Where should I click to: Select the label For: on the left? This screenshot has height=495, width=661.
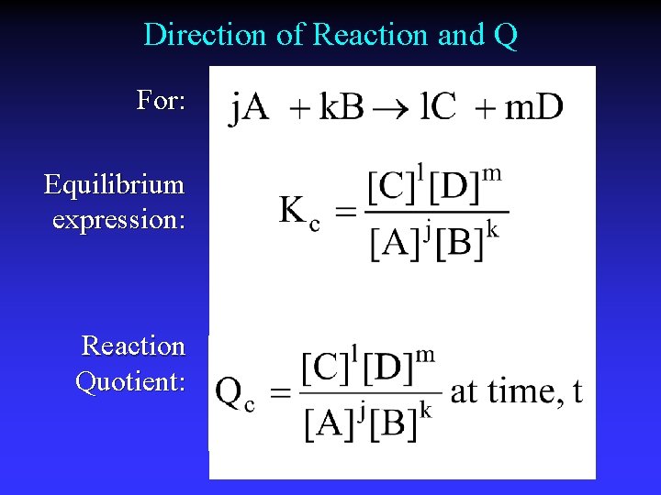(161, 100)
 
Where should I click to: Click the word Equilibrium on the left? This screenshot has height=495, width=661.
(114, 186)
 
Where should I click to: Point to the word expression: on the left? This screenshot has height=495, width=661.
(118, 220)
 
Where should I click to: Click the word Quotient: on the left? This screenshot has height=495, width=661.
(129, 380)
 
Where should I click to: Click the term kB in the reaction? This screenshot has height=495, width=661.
(341, 108)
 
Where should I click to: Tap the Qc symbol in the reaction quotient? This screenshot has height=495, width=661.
(235, 393)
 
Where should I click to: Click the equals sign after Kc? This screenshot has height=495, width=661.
(344, 213)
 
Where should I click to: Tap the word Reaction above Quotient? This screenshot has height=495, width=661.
(133, 346)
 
